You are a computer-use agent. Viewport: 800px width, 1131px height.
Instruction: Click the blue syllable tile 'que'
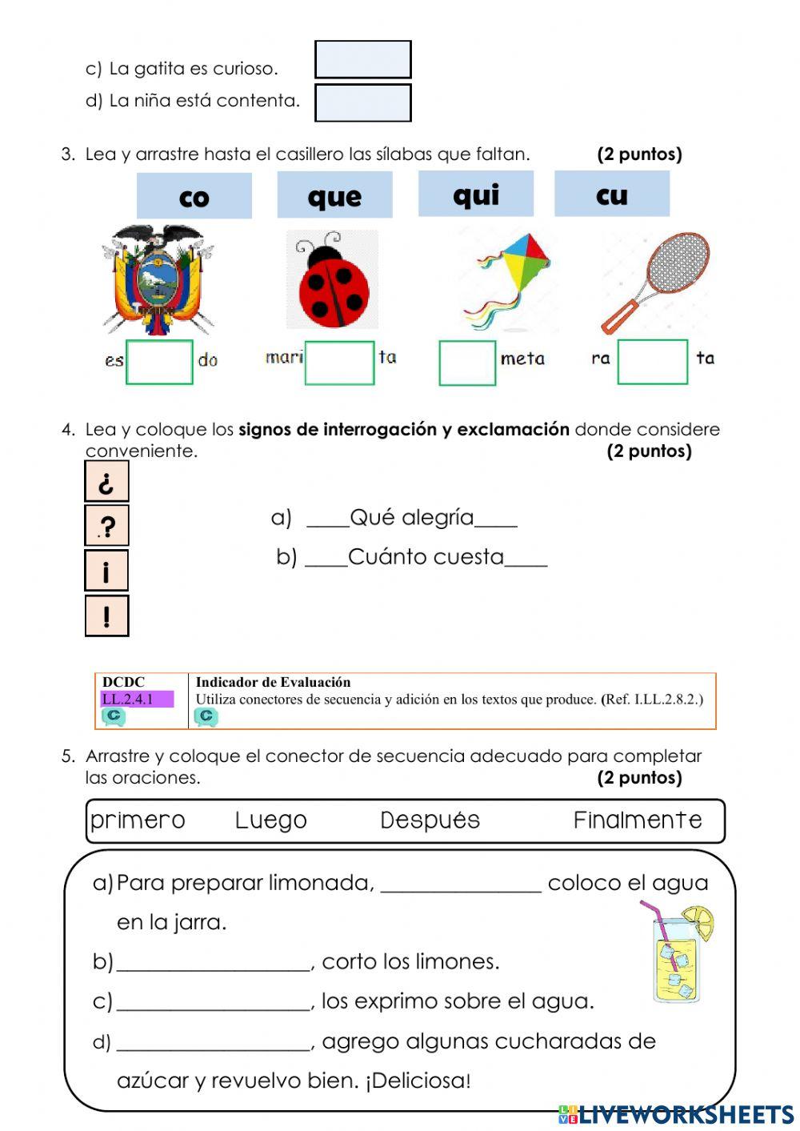click(x=334, y=195)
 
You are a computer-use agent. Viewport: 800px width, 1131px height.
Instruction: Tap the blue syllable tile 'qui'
click(x=476, y=194)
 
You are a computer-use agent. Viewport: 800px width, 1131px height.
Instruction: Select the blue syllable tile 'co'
click(x=194, y=196)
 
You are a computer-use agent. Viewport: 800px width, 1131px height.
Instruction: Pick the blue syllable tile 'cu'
click(x=612, y=194)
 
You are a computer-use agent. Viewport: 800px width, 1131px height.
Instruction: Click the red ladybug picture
click(x=333, y=280)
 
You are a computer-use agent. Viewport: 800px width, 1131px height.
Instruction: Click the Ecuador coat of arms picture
click(x=158, y=280)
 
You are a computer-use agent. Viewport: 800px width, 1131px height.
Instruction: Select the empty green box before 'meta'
click(x=467, y=363)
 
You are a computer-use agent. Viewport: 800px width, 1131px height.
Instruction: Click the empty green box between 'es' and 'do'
click(x=159, y=362)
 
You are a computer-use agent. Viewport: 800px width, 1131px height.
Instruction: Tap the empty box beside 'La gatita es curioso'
click(x=363, y=60)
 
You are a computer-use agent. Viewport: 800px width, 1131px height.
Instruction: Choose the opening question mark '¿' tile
click(x=106, y=482)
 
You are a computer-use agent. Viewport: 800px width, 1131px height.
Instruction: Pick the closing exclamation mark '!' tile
click(x=106, y=616)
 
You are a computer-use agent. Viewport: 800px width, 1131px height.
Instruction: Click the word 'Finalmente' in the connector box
click(x=638, y=820)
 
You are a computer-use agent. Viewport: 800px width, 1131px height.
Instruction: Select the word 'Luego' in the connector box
click(x=270, y=820)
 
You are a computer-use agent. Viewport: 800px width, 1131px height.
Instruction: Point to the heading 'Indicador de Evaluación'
click(x=273, y=682)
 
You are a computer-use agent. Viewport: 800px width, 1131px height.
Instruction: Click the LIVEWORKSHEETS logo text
click(x=685, y=1114)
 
